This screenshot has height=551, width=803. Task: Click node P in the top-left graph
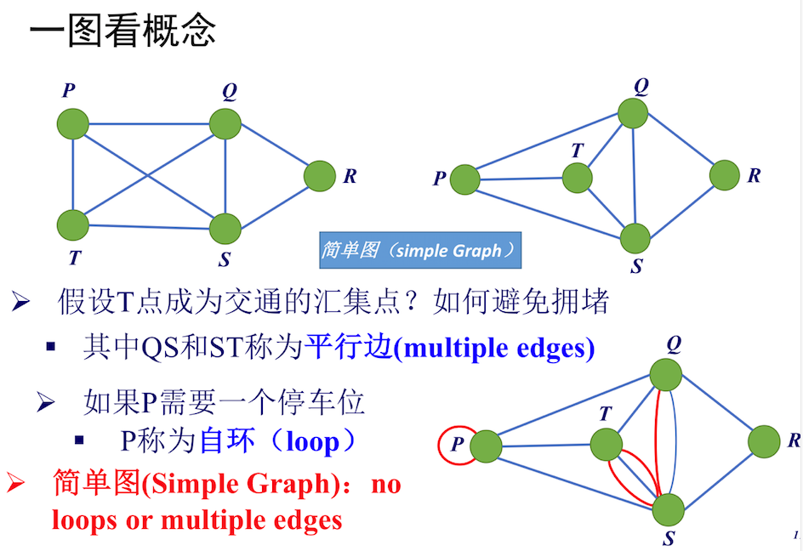73,123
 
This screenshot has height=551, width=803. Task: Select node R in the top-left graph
320,176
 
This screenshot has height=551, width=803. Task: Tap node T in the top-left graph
73,224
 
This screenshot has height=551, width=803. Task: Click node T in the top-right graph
577,178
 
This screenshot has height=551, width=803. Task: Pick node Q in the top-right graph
633,113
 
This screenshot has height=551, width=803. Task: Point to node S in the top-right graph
635,238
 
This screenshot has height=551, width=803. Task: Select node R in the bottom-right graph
764,441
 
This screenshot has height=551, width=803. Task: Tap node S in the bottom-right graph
668,508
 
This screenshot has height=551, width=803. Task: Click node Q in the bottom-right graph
666,374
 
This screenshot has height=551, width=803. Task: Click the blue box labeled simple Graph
419,251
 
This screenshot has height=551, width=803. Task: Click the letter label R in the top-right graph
754,176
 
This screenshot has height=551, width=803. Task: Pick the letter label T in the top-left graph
75,258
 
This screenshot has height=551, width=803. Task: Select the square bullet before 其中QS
51,348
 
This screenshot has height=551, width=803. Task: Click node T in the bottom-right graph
607,445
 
